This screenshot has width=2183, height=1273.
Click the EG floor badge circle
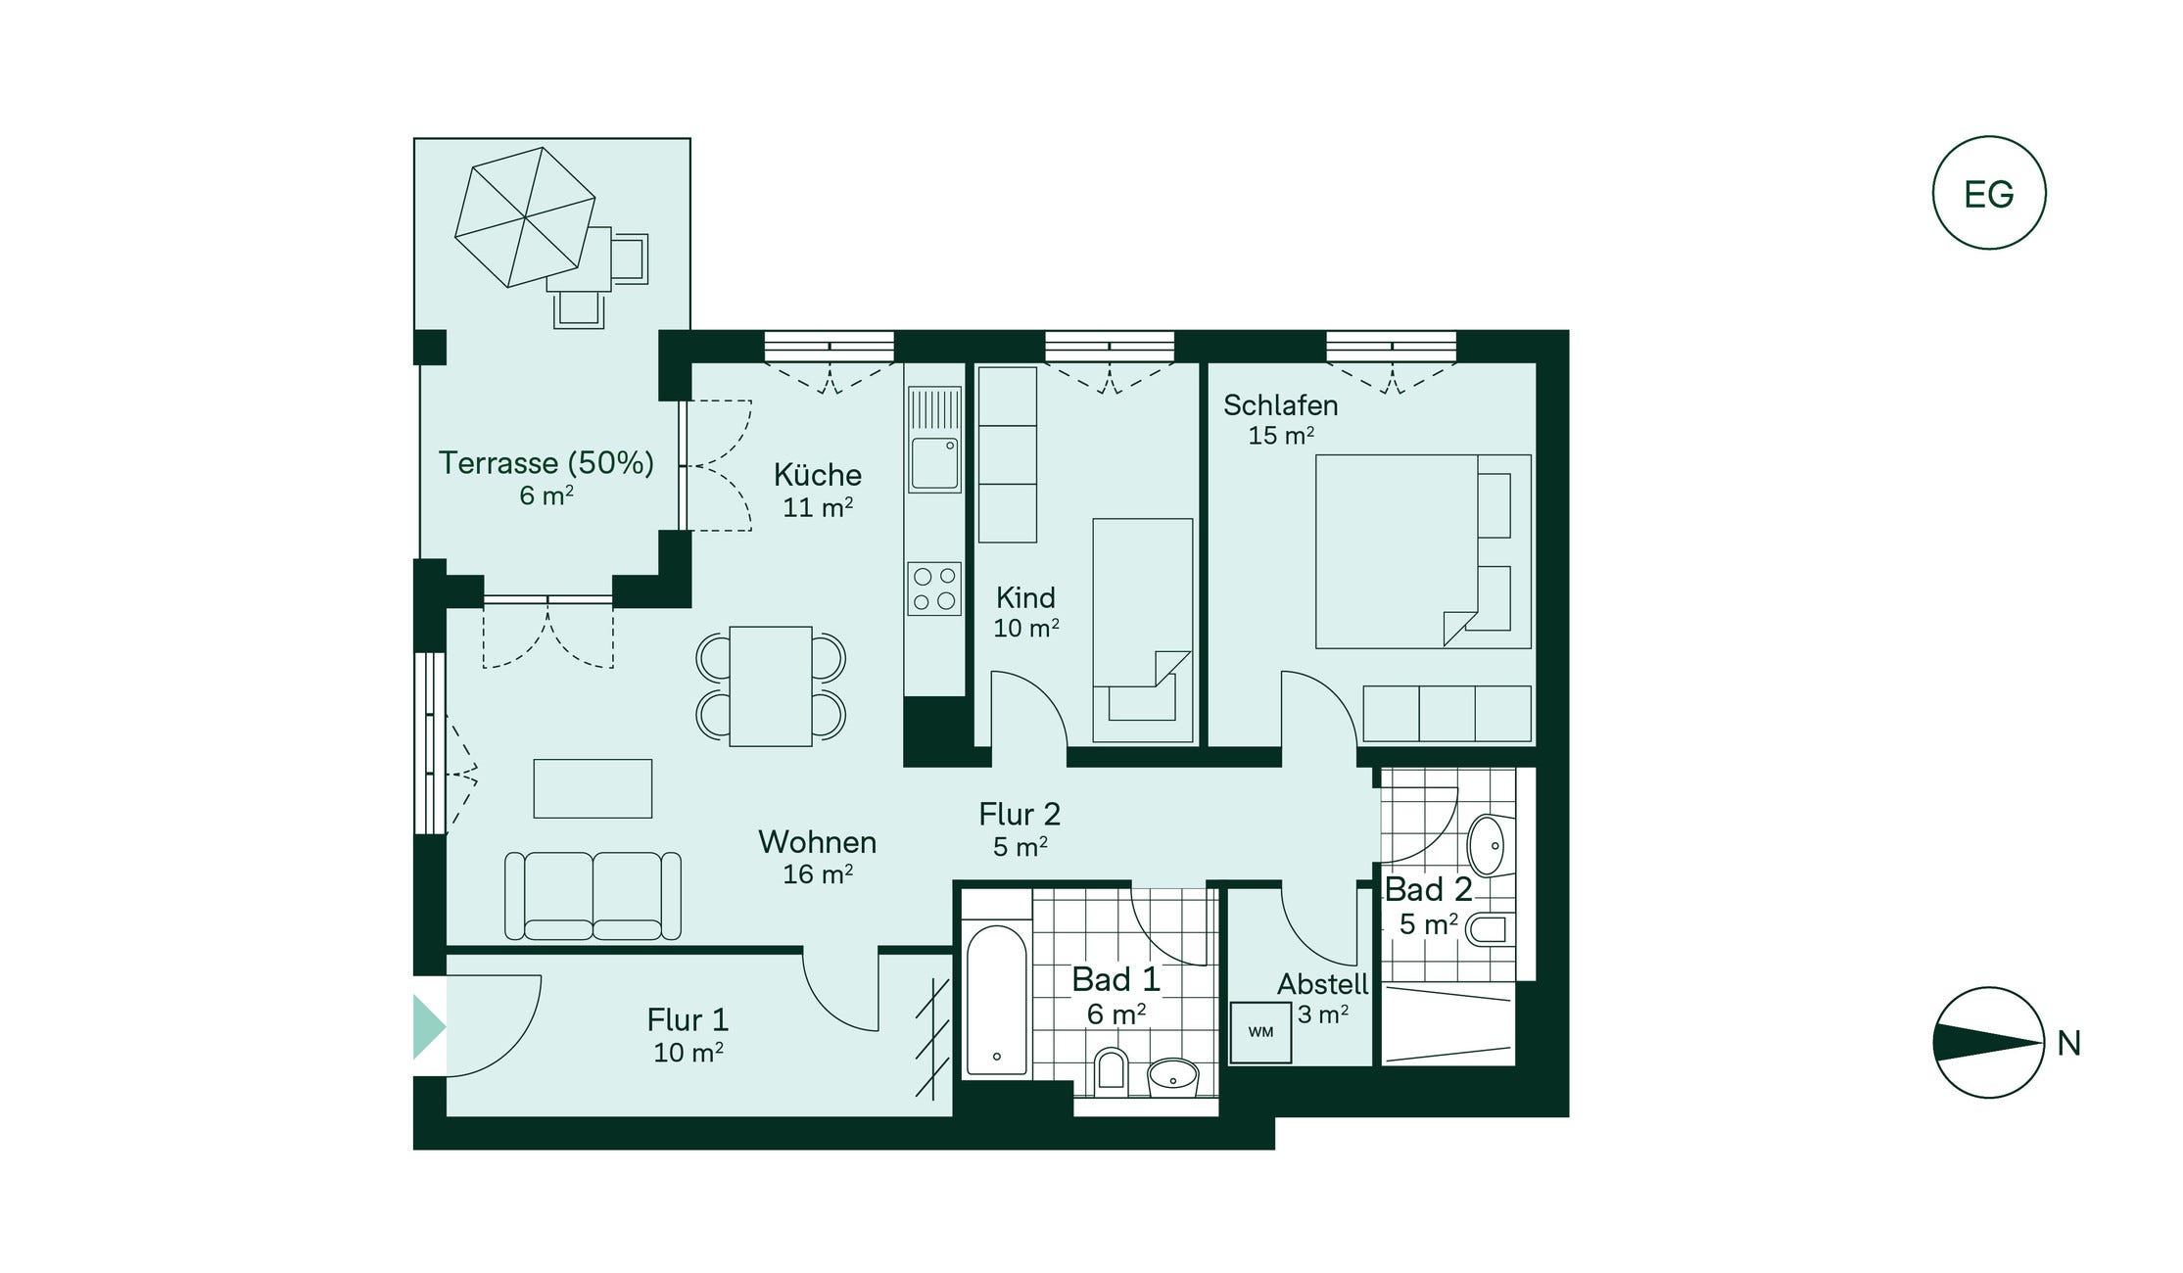[1988, 193]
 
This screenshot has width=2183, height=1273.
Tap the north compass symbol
[1988, 1042]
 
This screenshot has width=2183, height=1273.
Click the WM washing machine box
[1260, 1032]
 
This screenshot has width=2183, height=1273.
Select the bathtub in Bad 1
[996, 999]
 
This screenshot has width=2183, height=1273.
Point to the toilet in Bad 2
[1490, 929]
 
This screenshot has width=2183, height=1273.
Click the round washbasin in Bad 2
[1489, 844]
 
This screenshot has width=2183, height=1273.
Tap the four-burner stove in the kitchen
[934, 589]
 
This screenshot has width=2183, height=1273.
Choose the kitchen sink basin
[934, 463]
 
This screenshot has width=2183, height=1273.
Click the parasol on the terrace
[525, 217]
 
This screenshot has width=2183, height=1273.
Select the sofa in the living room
[593, 896]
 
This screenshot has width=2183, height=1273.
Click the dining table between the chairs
[771, 686]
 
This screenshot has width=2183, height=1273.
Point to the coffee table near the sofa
[593, 788]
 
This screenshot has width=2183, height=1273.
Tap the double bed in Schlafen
[1423, 551]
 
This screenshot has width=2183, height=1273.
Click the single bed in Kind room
[1143, 631]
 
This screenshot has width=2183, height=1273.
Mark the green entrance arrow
[429, 1026]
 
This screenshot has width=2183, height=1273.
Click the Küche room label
[818, 475]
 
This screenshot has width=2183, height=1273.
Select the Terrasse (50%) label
[546, 462]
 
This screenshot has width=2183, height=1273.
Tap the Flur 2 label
[1020, 814]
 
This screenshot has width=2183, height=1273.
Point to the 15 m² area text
[1281, 436]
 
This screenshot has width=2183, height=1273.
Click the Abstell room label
[1323, 984]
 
